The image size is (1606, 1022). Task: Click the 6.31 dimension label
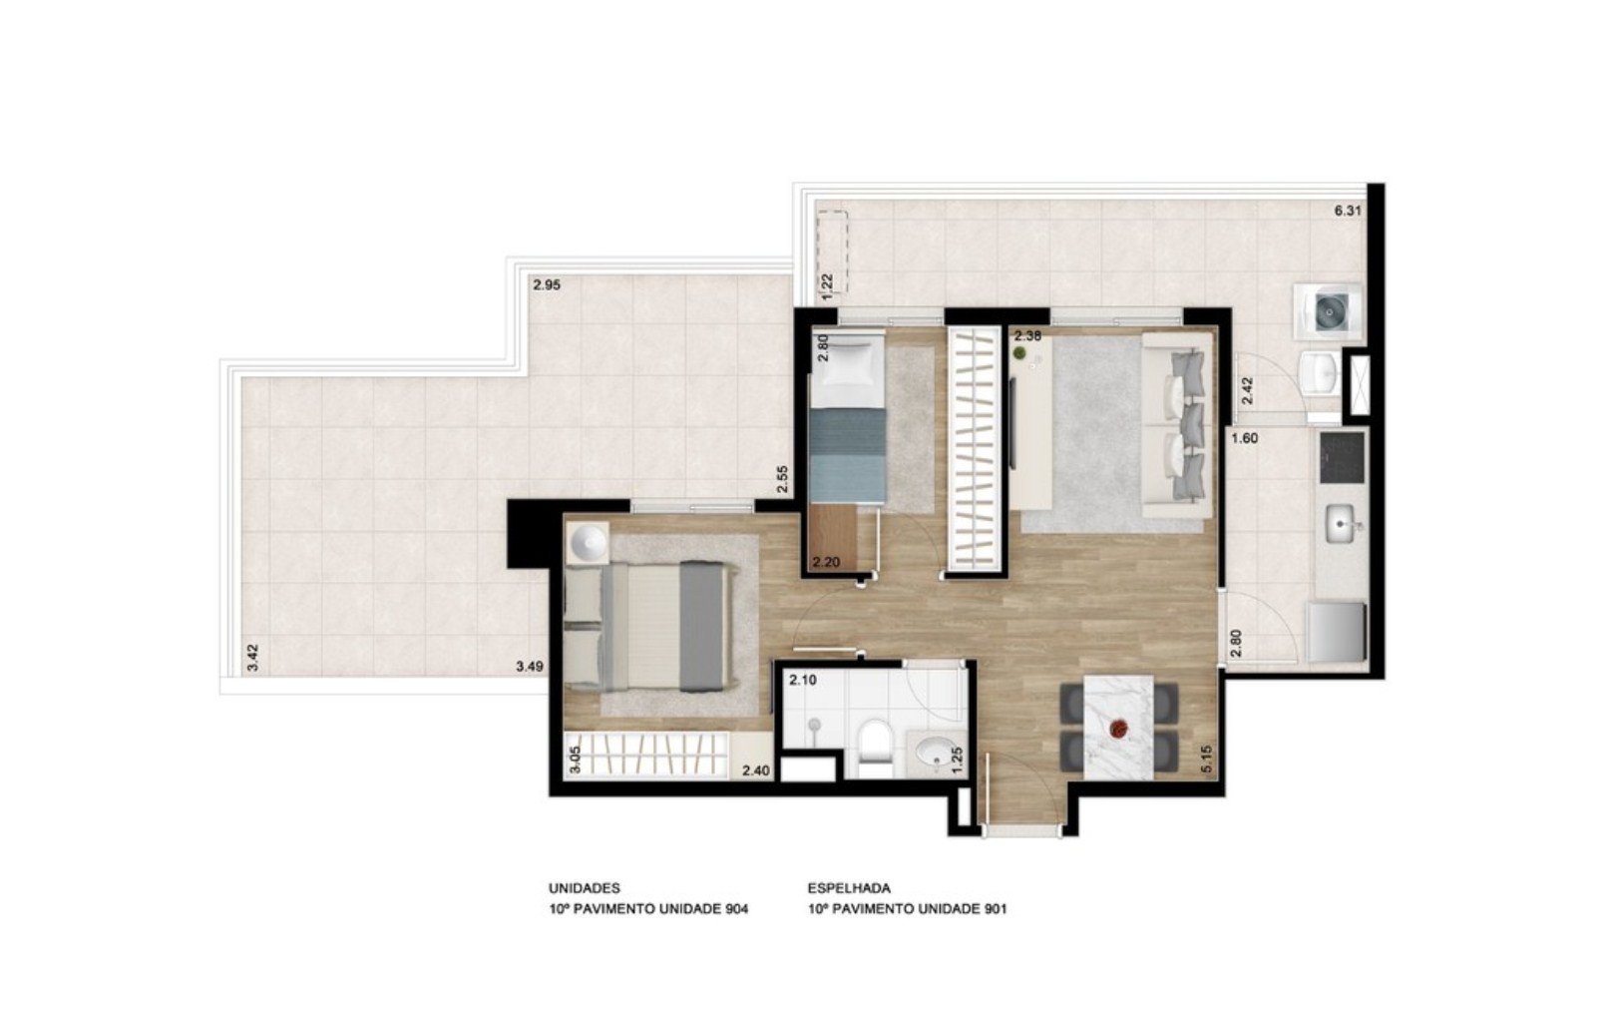1348,211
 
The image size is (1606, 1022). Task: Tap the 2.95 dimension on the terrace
546,284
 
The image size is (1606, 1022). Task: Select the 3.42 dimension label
253,657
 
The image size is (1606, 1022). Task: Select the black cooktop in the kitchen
1340,455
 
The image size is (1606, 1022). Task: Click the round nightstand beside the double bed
589,544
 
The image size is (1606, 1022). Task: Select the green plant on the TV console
1019,353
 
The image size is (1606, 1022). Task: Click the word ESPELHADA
849,887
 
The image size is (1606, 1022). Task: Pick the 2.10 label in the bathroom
802,681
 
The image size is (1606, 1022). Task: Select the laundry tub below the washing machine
1326,372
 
